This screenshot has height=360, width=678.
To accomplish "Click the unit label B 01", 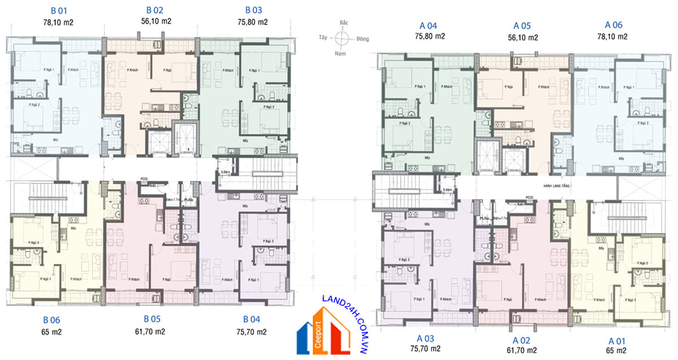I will point(58,10).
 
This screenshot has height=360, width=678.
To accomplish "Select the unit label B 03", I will point(253,10).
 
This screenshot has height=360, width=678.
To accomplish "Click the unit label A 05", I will point(522,25).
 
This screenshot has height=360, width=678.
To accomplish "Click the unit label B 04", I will point(252,319).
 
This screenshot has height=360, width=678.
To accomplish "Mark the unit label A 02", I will point(522,340).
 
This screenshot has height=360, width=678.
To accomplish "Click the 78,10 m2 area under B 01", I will point(58,23).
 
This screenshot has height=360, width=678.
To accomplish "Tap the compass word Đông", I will point(363,39).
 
